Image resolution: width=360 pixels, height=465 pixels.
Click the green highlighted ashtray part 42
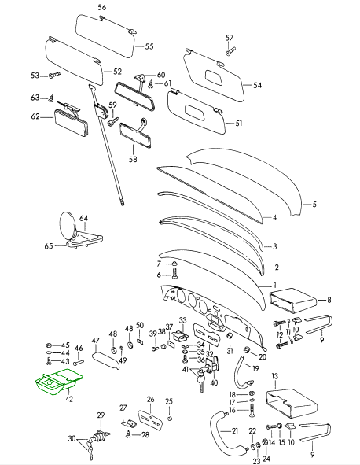tap(59, 382)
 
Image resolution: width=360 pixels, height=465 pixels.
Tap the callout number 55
tap(149, 46)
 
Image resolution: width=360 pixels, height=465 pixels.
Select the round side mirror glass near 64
tap(68, 225)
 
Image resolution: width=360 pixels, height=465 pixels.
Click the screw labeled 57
tap(230, 50)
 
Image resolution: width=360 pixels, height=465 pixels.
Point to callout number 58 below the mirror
tap(133, 159)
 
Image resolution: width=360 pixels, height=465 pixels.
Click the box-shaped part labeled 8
tap(292, 301)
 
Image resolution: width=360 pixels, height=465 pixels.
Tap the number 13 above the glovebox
tap(275, 376)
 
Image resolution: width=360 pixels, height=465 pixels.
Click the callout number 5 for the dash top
tap(314, 205)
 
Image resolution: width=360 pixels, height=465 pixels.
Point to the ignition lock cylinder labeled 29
tap(99, 436)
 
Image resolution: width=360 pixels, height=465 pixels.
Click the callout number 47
tap(95, 341)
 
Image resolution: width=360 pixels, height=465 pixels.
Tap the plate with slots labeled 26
tap(150, 420)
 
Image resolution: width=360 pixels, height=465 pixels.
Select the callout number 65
tap(49, 246)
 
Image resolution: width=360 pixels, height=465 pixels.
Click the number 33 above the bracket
tap(183, 320)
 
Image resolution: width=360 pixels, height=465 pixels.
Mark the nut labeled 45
tap(50, 345)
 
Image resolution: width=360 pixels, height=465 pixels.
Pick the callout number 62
tap(35, 116)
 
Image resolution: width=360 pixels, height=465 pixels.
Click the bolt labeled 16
tap(252, 411)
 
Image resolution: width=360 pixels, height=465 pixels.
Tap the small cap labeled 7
tap(174, 264)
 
